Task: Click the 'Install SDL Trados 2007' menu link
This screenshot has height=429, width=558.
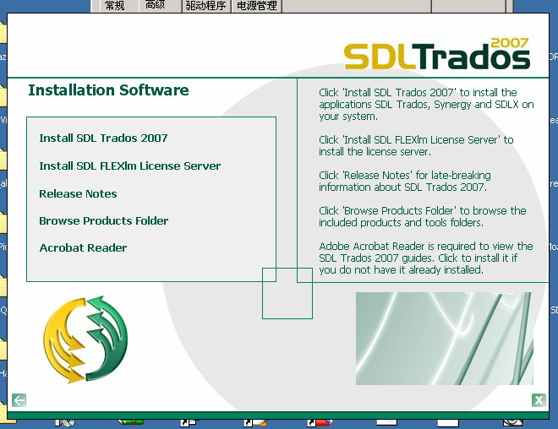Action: coord(103,138)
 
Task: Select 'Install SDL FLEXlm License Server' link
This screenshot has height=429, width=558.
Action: coord(130,166)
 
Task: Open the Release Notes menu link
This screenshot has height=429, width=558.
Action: coord(78,193)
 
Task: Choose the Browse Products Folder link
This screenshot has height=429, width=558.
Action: coord(103,220)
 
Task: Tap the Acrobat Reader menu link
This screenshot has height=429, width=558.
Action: coord(83,247)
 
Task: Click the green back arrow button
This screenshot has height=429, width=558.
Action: coord(19,399)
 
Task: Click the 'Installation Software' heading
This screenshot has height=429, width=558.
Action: coord(108,90)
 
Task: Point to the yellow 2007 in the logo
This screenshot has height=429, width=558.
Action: coord(510,43)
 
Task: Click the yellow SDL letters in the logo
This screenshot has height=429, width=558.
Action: coord(380,57)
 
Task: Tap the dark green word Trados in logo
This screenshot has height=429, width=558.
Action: coord(473,56)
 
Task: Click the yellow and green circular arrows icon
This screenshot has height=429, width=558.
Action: coord(85,339)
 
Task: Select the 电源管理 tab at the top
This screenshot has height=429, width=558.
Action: coord(256,6)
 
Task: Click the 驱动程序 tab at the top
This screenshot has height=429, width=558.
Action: coord(205,6)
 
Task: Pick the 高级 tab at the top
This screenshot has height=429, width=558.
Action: coord(156,5)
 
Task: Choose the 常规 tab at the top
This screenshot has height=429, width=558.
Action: coord(115,6)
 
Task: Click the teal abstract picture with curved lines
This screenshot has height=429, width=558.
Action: coord(444,339)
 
